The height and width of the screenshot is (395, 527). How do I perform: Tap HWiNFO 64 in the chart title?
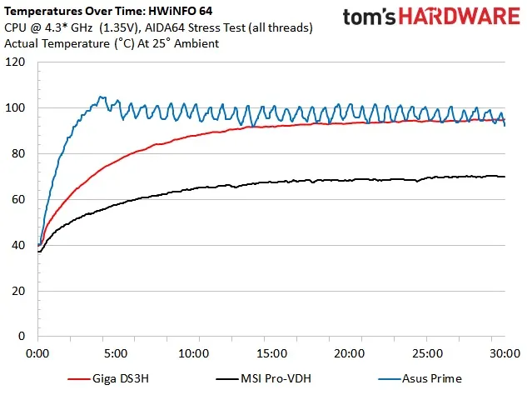point(177,12)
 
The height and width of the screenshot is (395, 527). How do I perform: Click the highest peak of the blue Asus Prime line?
point(101,97)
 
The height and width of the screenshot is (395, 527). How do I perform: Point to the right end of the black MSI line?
point(505,177)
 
